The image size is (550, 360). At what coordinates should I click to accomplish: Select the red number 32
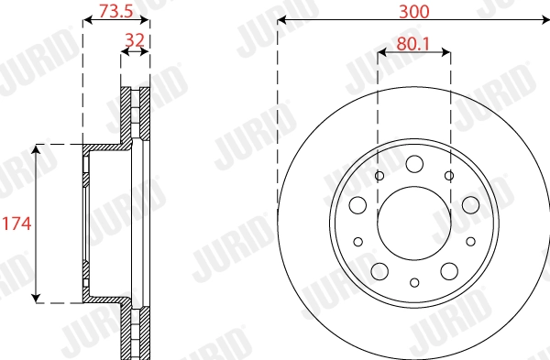coord(136,40)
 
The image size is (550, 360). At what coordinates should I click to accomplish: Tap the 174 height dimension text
coord(14,223)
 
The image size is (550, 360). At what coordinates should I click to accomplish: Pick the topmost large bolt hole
coord(414,163)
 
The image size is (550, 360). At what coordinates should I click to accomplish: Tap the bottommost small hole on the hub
coord(414,282)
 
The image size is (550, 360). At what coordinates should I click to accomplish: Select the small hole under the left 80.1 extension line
coord(379,175)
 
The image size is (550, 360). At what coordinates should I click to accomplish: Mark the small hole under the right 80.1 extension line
coord(449,175)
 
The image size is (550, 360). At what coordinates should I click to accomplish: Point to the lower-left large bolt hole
coord(379,270)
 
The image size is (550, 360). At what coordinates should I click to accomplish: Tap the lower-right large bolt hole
coord(449,270)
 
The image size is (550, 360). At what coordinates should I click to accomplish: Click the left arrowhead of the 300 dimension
coord(280,20)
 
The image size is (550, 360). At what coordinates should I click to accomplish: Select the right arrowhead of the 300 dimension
coord(545,20)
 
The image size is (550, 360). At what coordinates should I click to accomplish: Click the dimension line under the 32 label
coord(136,54)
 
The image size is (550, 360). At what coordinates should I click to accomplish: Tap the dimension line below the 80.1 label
coord(414,54)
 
